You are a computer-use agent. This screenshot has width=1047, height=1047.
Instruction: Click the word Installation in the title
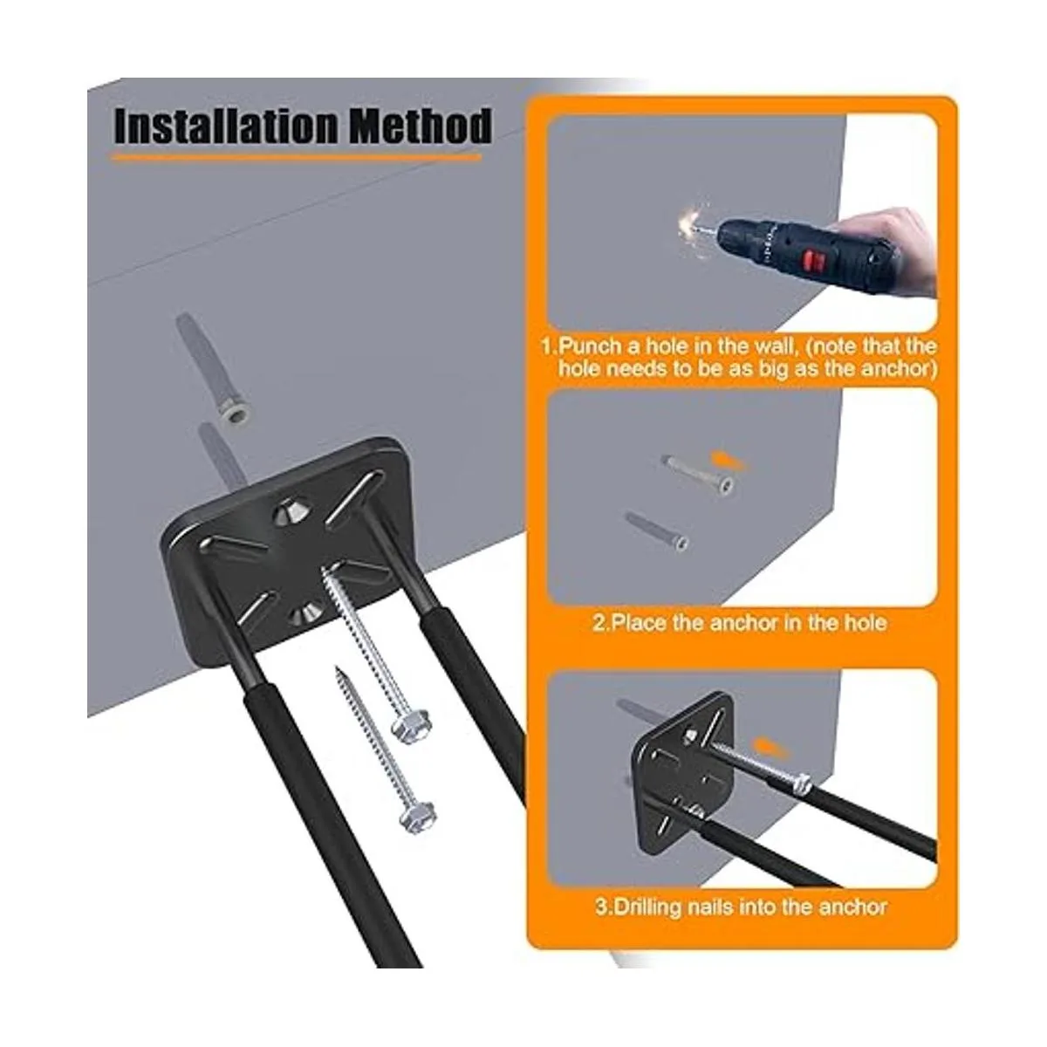coord(227,127)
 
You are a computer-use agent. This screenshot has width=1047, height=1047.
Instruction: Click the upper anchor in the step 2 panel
coord(699,473)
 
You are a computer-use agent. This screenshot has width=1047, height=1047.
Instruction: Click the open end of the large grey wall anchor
coord(235,414)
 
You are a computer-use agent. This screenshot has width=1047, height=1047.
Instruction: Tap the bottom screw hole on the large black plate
coord(303,614)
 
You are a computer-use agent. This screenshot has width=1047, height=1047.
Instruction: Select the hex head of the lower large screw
coord(417,815)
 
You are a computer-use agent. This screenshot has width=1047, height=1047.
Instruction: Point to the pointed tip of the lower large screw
coord(338,669)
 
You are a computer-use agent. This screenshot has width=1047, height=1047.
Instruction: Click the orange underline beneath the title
coord(296,159)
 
